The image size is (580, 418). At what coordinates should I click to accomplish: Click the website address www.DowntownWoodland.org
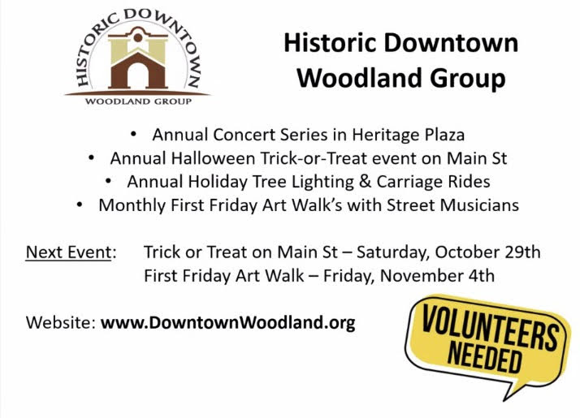[227, 323]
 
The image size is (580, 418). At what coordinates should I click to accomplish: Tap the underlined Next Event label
[68, 252]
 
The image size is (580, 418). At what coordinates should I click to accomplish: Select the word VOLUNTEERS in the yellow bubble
[489, 328]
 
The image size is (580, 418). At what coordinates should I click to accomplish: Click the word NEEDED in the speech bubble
[484, 356]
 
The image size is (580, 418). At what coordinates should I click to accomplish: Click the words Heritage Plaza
[408, 135]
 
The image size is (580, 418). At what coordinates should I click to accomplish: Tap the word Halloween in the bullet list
[213, 158]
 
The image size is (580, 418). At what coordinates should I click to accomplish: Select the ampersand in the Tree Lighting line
[365, 182]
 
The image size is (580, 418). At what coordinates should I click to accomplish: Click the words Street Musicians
[452, 205]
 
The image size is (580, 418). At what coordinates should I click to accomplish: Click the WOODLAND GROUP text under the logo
[138, 101]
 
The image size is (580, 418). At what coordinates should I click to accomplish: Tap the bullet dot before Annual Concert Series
[133, 134]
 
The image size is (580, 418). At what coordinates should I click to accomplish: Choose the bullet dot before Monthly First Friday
[80, 205]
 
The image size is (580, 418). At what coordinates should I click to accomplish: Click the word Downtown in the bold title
[451, 43]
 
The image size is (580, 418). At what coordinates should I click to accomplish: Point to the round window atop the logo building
[138, 37]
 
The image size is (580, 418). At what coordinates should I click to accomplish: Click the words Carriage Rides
[433, 182]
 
